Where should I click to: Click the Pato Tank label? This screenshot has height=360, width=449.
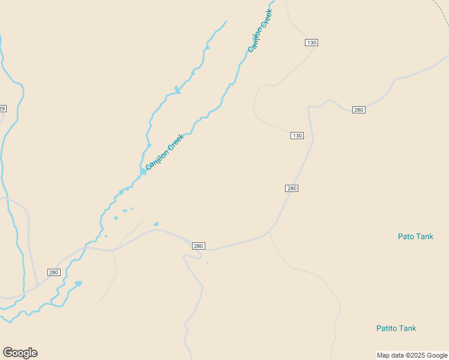(x=415, y=236)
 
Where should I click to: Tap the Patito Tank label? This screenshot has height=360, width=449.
(x=396, y=328)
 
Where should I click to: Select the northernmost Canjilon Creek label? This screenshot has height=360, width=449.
(x=261, y=31)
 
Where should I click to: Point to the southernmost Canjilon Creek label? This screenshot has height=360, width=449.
(x=164, y=152)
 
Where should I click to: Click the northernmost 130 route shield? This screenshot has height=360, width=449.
(x=311, y=43)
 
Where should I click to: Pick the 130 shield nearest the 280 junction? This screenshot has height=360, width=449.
(x=297, y=136)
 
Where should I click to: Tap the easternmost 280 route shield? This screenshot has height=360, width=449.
(x=358, y=110)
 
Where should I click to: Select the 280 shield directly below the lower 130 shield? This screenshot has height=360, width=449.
(x=292, y=188)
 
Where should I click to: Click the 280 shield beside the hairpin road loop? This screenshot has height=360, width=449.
(x=199, y=246)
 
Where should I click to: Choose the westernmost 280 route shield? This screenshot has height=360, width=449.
(x=54, y=272)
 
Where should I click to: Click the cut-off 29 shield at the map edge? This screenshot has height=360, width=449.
(x=2, y=109)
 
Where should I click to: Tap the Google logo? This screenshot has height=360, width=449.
(x=20, y=353)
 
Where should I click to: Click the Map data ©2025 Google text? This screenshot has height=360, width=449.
(x=412, y=355)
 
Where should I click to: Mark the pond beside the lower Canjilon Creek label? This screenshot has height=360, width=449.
(x=143, y=172)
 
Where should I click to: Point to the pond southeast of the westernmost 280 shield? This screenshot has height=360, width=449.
(x=78, y=283)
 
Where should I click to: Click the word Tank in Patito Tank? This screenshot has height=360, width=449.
(x=406, y=328)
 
